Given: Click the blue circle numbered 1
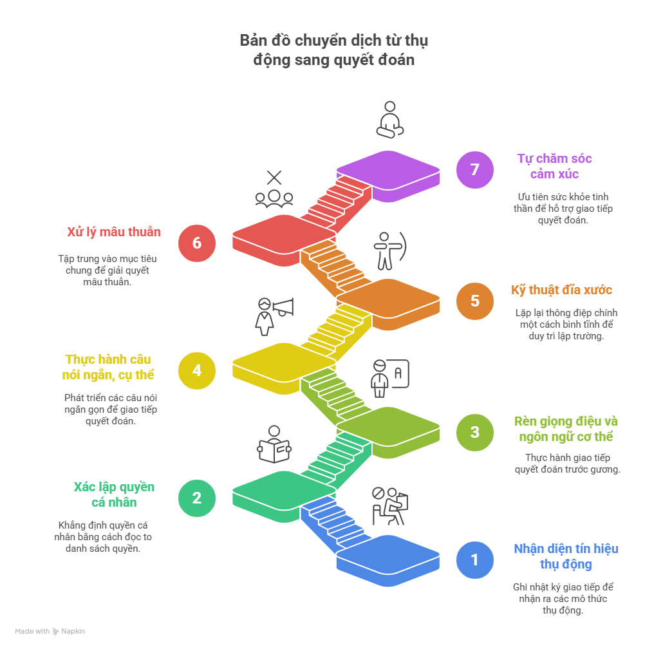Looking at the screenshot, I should click(x=475, y=560).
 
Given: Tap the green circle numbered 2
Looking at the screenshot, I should click(x=197, y=497).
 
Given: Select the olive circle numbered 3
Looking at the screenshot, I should click(x=475, y=432).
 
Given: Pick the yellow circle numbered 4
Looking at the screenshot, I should click(x=197, y=370).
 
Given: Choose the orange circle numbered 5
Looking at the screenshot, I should click(x=475, y=301).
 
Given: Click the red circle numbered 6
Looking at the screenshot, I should click(x=197, y=243).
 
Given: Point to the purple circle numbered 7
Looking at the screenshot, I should click(x=475, y=169).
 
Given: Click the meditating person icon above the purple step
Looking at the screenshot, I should click(x=389, y=120).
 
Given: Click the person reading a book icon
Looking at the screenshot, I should click(x=274, y=444).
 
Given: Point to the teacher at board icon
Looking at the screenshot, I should click(x=389, y=378).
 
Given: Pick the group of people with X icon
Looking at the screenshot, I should click(x=274, y=189).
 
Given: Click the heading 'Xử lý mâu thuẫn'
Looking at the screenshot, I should click(x=114, y=232).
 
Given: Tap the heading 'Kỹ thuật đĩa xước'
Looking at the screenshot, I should click(x=562, y=290).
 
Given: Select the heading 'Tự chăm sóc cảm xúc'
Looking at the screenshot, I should click(x=554, y=166).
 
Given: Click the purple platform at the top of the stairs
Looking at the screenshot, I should click(x=388, y=171).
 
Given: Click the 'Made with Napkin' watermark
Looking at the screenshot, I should click(x=50, y=631).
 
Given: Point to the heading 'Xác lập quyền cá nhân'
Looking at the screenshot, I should click(x=114, y=494).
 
